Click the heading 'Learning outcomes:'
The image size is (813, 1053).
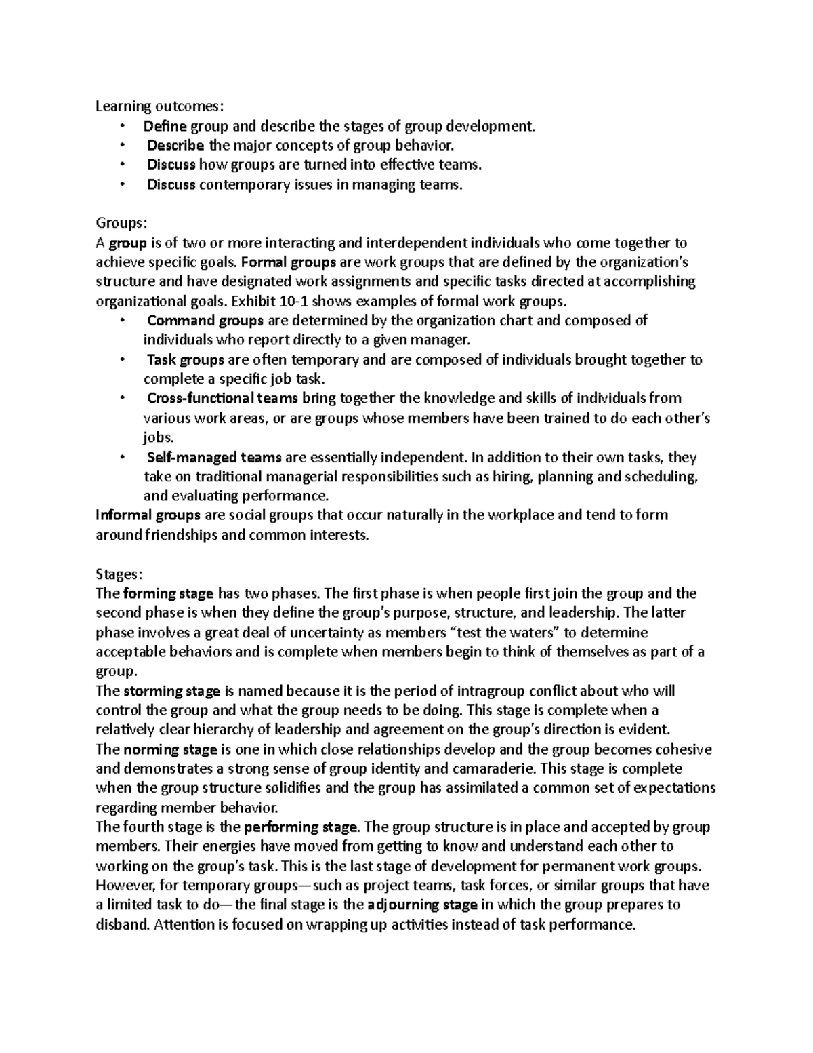click(x=158, y=106)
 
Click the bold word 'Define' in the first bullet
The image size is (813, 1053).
click(x=165, y=125)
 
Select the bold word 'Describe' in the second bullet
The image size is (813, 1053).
click(x=175, y=145)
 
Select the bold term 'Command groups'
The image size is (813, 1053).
click(x=206, y=321)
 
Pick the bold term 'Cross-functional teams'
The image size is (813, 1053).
click(x=223, y=398)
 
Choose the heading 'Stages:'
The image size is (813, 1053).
click(x=119, y=574)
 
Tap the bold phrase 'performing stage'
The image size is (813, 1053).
click(x=300, y=827)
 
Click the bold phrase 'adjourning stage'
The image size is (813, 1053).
click(x=423, y=905)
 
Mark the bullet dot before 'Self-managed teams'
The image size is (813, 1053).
click(x=122, y=458)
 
